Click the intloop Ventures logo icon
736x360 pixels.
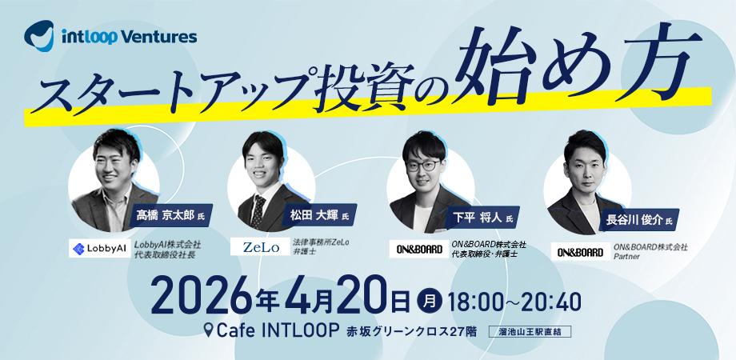coord(39,36)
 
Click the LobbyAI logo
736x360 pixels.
coord(99,249)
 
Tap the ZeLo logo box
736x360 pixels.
coord(260,247)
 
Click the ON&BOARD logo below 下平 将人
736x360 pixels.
coord(419,250)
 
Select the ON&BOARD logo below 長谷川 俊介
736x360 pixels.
coord(581,252)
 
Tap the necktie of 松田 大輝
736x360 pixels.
coord(258,210)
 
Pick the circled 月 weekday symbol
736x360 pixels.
coord(429,302)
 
